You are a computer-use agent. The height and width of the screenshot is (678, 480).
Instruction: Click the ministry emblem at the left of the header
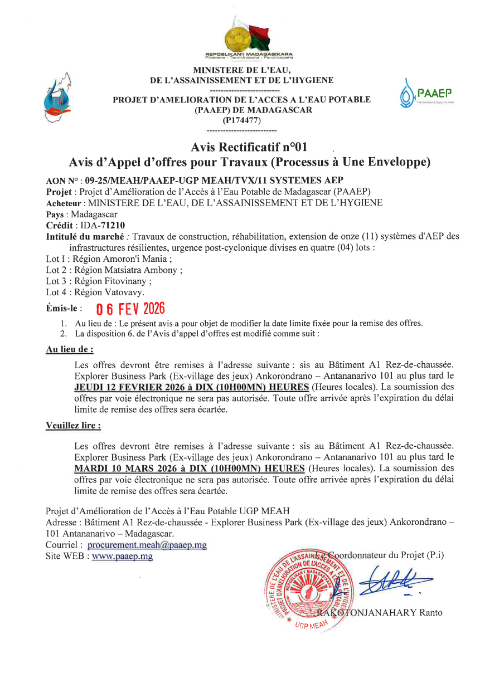[x=57, y=98]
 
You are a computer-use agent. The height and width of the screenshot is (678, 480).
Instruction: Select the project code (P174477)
[x=241, y=120]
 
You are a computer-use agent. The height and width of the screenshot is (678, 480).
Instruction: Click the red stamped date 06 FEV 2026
[x=130, y=309]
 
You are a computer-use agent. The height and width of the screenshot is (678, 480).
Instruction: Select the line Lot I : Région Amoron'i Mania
[x=109, y=258]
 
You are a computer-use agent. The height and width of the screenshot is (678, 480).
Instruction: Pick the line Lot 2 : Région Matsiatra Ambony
[x=114, y=270]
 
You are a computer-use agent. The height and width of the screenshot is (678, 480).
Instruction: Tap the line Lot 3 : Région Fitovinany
[x=99, y=281]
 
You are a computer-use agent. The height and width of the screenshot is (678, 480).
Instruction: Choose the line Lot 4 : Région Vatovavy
[x=95, y=292]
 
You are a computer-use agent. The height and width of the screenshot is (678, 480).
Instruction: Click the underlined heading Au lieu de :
[x=69, y=350]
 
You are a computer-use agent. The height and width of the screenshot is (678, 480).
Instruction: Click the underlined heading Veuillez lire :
[x=73, y=426]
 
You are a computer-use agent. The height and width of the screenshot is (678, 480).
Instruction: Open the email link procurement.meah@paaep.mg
[x=147, y=545]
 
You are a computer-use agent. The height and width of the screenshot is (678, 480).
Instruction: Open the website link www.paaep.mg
[x=122, y=556]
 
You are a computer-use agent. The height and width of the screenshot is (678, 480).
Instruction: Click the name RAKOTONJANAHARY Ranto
[x=380, y=612]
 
